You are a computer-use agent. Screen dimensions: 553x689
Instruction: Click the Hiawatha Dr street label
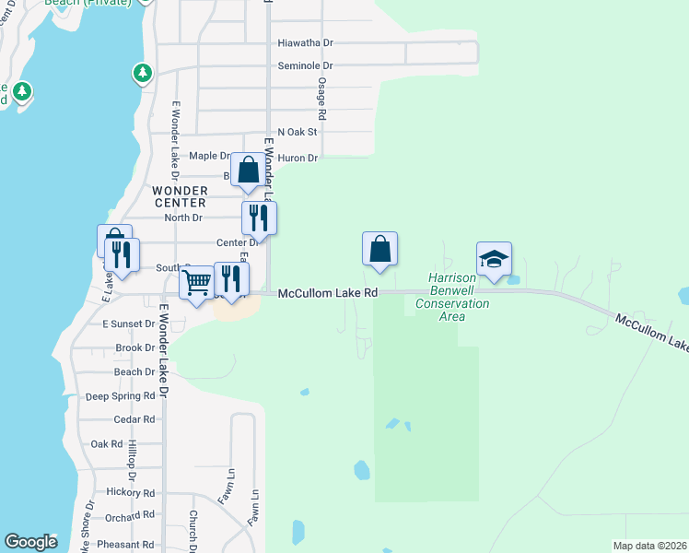pos(305,42)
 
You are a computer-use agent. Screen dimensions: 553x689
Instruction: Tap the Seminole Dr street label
pos(305,66)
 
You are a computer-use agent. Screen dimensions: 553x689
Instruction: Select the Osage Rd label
pos(321,100)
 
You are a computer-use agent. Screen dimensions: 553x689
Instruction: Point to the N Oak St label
pos(297,133)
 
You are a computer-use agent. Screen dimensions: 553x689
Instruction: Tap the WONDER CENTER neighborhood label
pos(180,196)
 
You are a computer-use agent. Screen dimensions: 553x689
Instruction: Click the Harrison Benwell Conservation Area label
pos(451,297)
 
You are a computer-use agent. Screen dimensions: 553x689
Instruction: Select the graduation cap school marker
pos(494,259)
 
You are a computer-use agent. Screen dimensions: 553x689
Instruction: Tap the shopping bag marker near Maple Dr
pos(248,171)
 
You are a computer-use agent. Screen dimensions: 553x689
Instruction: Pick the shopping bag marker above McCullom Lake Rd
pos(380,249)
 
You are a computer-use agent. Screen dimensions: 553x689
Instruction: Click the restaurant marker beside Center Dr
pos(259,218)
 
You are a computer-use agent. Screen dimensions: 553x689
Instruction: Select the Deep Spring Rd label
pos(121,396)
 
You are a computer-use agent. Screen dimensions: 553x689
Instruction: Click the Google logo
pos(30,542)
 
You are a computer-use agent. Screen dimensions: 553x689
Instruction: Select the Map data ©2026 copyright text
pos(649,546)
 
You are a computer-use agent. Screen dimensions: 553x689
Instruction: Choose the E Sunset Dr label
pos(129,324)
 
